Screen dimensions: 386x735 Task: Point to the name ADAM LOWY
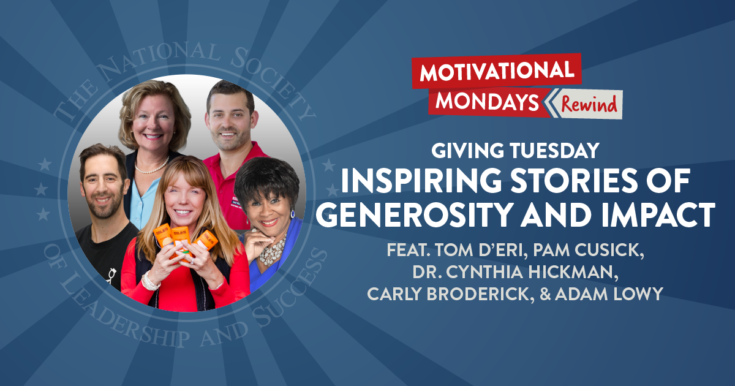[x=619, y=294]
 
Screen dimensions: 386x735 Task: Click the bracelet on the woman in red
[x=149, y=281]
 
